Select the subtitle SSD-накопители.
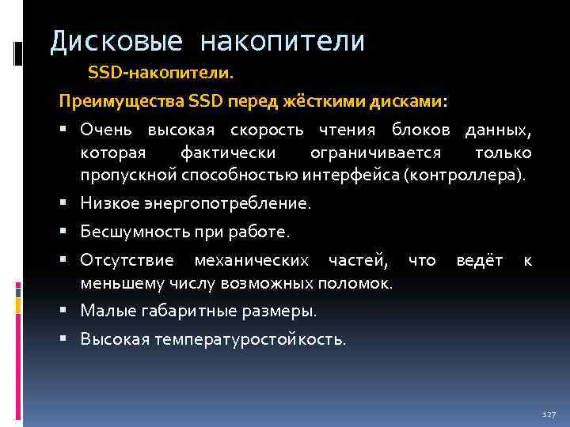[161, 74]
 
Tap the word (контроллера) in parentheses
[464, 174]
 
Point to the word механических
[260, 261]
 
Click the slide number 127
[549, 414]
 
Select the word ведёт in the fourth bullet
[480, 261]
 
